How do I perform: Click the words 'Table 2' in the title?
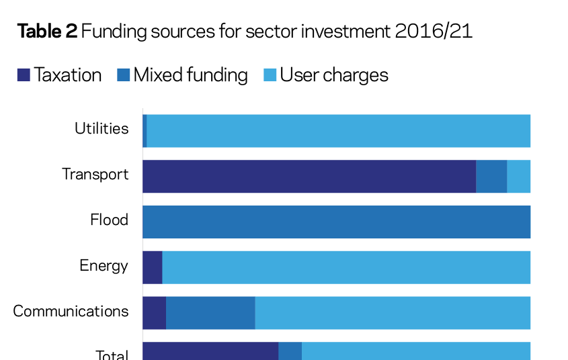[x=47, y=32]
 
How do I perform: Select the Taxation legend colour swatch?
[x=24, y=75]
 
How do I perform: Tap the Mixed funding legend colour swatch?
[x=124, y=75]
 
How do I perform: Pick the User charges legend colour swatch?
[x=270, y=75]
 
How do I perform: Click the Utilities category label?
[x=102, y=129]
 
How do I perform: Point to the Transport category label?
[x=95, y=175]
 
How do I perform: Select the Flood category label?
[x=110, y=220]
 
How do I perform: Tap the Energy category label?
[x=104, y=266]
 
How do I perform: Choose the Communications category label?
[x=71, y=312]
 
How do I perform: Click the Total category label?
[x=112, y=355]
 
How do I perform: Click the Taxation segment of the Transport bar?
[x=309, y=177]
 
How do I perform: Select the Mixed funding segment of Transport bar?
[x=491, y=177]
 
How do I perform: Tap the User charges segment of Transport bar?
[x=518, y=177]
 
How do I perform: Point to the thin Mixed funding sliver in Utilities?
[x=145, y=131]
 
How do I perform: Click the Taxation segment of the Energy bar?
[x=153, y=268]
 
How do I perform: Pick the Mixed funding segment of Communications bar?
[x=210, y=313]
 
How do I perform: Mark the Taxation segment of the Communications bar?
[x=155, y=313]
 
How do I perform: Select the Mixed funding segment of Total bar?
[x=290, y=351]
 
